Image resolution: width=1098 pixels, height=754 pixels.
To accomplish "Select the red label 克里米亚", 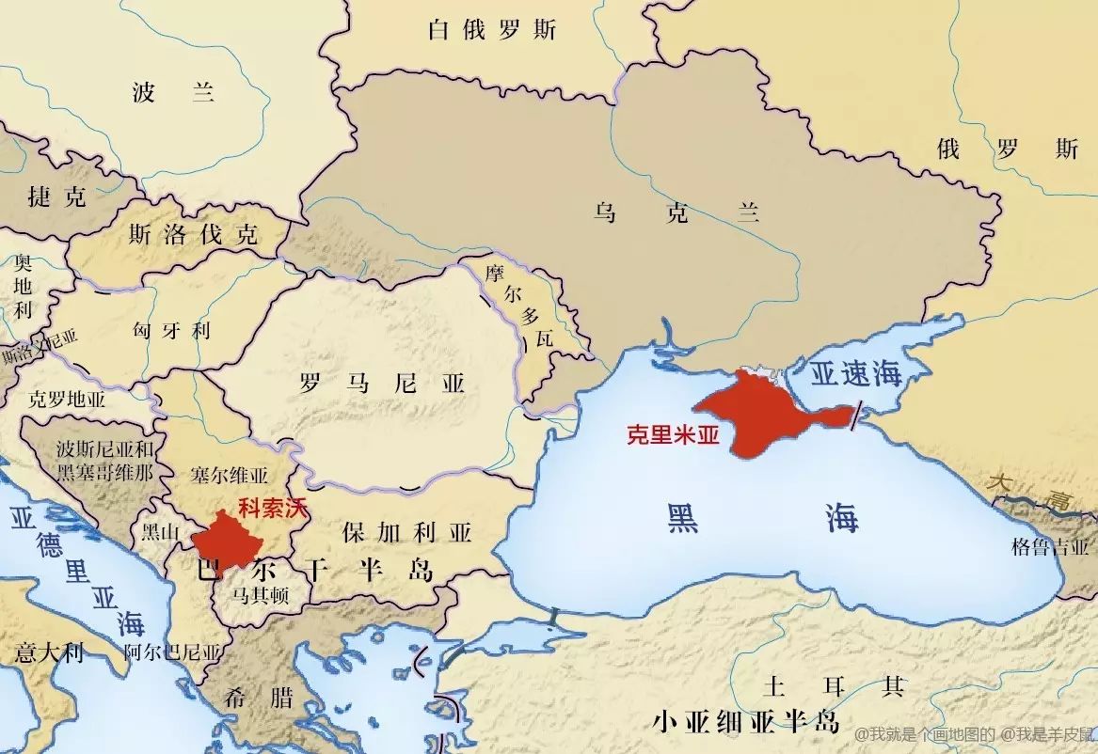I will pos(672,435).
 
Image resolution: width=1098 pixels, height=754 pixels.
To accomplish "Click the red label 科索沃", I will pos(273,509).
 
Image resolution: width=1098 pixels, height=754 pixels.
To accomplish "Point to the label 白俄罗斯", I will pos(491,30).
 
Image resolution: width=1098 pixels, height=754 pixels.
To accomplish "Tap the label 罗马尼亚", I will pos(382,384).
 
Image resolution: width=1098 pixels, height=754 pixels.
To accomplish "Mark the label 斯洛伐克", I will pos(193,234).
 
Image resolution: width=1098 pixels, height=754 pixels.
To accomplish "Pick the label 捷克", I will pos(56,196).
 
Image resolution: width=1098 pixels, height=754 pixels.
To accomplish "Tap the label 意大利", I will pos(49,652).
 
